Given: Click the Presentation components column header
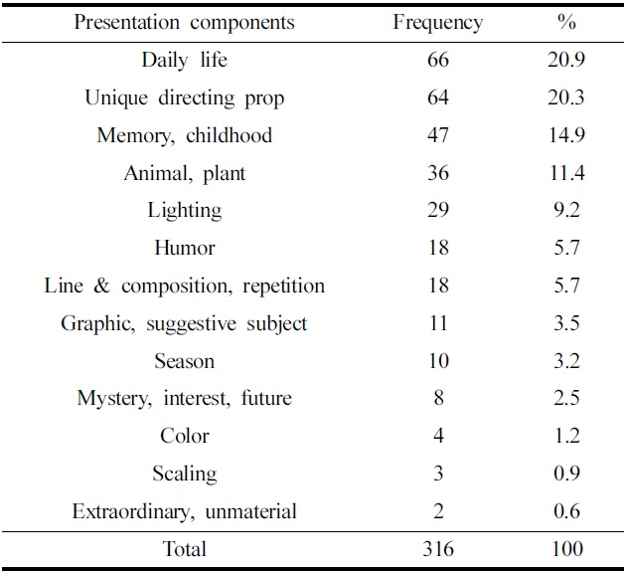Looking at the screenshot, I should (184, 22).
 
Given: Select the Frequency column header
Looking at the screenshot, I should (438, 22).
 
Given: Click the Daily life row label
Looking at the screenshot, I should (184, 60).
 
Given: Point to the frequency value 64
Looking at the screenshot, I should (438, 97).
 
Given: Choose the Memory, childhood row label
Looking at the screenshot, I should (184, 135).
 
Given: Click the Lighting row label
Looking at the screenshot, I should (184, 210).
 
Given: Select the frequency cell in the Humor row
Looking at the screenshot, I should (438, 248).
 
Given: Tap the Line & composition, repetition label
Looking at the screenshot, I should (184, 286).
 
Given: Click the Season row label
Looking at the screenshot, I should (184, 361).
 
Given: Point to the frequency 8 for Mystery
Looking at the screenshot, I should (438, 399).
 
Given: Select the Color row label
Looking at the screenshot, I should (184, 436).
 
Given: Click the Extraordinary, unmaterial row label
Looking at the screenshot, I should (184, 511).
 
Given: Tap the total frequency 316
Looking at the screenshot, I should (438, 549).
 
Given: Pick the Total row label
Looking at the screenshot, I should (184, 549).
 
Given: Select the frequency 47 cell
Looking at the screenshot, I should (438, 135).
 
